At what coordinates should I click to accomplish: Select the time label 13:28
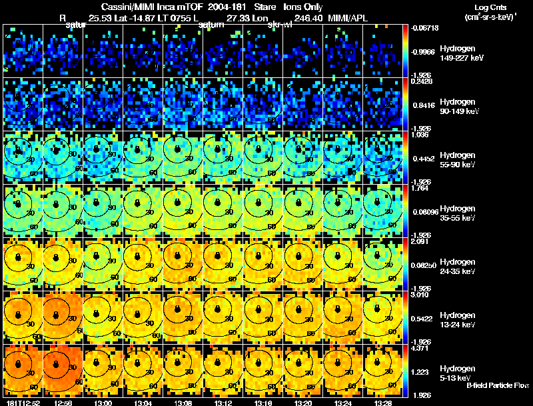tap(383, 403)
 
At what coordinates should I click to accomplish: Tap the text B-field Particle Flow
tap(497, 385)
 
